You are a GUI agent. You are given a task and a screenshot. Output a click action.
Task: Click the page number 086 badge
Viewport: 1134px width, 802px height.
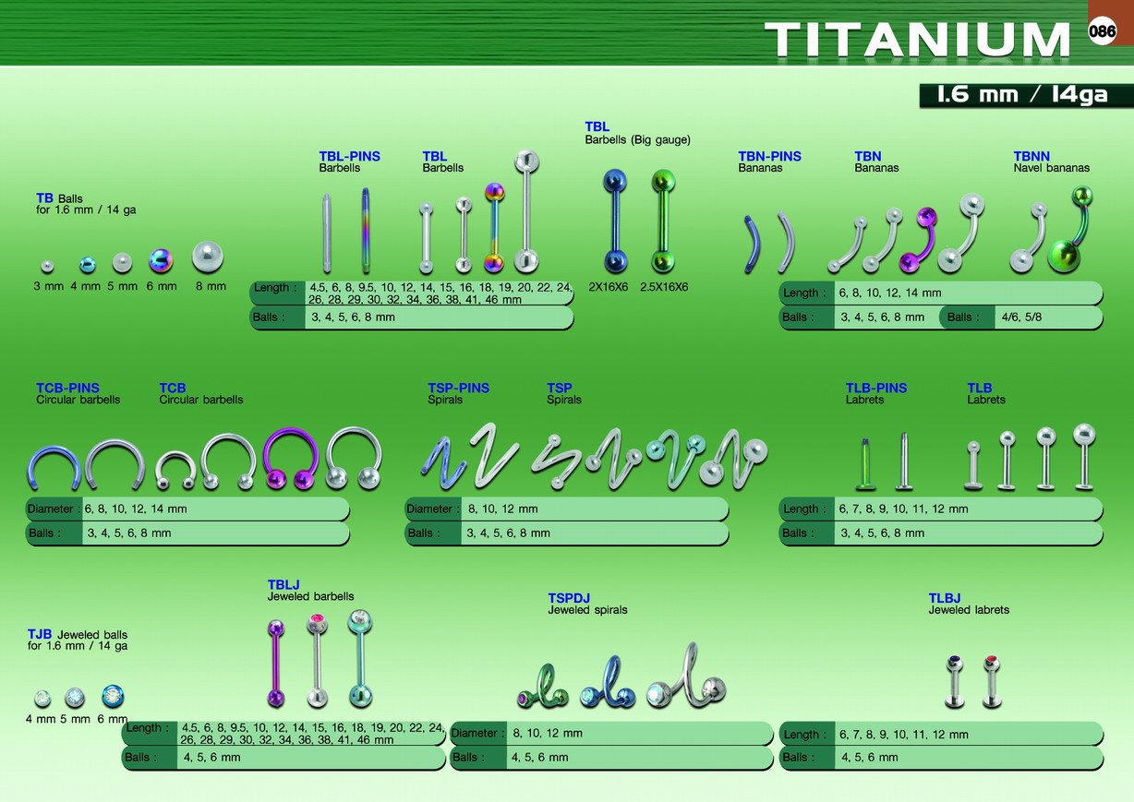pyautogui.click(x=1102, y=30)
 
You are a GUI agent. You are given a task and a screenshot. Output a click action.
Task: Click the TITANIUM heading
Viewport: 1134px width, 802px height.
pyautogui.click(x=917, y=40)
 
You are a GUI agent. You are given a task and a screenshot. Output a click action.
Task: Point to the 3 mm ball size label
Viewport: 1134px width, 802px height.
pyautogui.click(x=49, y=286)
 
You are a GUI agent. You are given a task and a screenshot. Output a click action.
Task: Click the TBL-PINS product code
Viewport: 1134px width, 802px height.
pyautogui.click(x=349, y=156)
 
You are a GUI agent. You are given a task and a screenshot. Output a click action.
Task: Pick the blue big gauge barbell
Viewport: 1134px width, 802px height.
pyautogui.click(x=615, y=221)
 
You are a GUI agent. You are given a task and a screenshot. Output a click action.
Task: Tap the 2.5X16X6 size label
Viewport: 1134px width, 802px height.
pyautogui.click(x=664, y=287)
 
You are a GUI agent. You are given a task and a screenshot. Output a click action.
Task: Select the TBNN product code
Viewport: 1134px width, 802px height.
pyautogui.click(x=1031, y=156)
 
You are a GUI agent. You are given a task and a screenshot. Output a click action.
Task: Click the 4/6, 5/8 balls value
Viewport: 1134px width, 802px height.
pyautogui.click(x=1021, y=317)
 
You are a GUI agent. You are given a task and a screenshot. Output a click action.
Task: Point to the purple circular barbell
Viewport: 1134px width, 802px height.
pyautogui.click(x=291, y=459)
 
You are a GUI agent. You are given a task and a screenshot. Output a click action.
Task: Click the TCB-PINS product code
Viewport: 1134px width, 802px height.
pyautogui.click(x=67, y=389)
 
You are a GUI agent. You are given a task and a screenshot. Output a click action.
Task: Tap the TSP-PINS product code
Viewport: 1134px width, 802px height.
pyautogui.click(x=459, y=389)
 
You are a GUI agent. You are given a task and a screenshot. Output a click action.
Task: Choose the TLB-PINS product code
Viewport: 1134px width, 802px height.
pyautogui.click(x=876, y=389)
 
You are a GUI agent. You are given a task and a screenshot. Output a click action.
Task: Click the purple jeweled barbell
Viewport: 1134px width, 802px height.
pyautogui.click(x=276, y=663)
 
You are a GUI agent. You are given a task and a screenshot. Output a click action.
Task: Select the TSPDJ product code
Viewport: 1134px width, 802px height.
pyautogui.click(x=569, y=598)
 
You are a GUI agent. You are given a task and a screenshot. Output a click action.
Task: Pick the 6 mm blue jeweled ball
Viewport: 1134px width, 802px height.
pyautogui.click(x=113, y=696)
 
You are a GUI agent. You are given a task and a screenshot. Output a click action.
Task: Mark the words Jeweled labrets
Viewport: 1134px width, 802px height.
pyautogui.click(x=969, y=610)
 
